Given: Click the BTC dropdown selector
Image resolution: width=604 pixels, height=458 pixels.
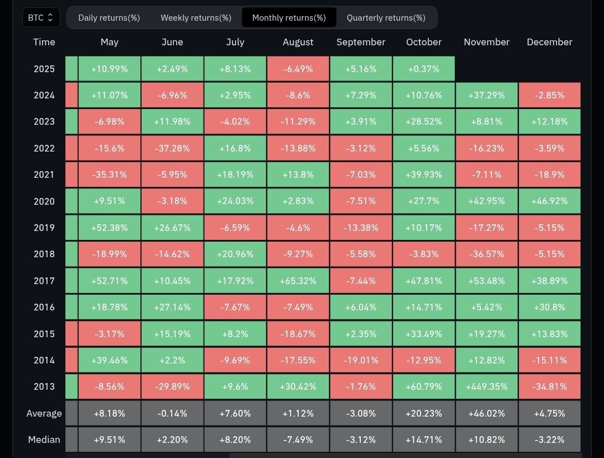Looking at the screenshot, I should (x=41, y=17).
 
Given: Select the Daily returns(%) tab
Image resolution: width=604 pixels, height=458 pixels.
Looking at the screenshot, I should (x=109, y=17).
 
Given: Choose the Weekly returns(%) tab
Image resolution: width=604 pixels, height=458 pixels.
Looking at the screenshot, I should (x=196, y=17).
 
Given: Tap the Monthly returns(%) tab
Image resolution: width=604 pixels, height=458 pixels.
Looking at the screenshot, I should (x=289, y=17).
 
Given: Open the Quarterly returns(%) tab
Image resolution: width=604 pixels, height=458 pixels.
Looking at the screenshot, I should (x=386, y=17).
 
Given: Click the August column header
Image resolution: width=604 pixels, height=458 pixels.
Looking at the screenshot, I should (x=298, y=42).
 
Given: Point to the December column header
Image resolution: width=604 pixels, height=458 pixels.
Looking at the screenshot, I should (x=549, y=42).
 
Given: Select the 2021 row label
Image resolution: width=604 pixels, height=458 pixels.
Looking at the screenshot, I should (x=44, y=174).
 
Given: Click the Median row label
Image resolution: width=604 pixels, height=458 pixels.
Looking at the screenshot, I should (x=44, y=440).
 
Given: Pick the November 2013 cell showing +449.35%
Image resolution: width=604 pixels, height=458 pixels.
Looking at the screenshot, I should (x=487, y=386).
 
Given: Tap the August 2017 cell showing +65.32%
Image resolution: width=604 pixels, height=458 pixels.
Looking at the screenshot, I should (x=298, y=281).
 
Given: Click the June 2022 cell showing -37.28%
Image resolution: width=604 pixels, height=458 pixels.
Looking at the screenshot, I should (x=172, y=148).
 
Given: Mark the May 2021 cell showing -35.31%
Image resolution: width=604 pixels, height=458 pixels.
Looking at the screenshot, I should (x=110, y=174).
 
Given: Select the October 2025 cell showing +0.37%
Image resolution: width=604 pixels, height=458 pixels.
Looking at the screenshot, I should (x=424, y=69).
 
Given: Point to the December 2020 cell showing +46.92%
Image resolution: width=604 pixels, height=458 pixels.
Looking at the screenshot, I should (x=549, y=201).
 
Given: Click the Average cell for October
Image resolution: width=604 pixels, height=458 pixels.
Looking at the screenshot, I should (x=424, y=413).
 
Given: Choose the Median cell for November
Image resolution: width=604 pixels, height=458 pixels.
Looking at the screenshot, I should (x=487, y=440).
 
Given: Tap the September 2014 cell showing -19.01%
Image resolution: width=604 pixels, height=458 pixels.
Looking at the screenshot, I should (x=361, y=360).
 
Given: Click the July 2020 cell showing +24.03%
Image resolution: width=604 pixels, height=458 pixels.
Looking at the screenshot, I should (x=235, y=201).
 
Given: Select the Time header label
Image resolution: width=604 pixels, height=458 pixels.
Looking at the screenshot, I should (x=44, y=42).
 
